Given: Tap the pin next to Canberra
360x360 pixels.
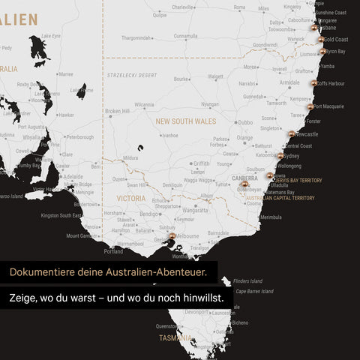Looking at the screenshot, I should [244, 183].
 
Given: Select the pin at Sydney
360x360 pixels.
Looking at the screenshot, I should [280, 156].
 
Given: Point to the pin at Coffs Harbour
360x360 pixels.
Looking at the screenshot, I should [313, 83].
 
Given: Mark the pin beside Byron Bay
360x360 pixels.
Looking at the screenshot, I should [323, 52].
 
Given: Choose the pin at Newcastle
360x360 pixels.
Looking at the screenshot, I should [292, 134].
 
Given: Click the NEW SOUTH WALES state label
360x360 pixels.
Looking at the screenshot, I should [186, 121].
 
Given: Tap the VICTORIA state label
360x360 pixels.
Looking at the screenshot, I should [131, 199].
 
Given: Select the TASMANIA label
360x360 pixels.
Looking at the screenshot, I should [175, 338].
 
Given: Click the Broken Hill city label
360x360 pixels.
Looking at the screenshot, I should [118, 111].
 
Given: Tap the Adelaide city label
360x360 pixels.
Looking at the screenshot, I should [73, 177].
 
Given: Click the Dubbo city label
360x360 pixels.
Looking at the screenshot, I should [245, 122].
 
